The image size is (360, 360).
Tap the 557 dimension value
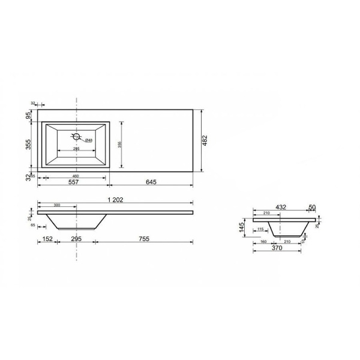pos(73,182)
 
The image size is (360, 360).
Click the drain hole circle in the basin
pos(77,136)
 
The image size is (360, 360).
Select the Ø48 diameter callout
pos(88,140)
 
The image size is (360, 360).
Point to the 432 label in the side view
pos(281,207)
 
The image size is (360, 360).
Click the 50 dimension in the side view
pos(311,207)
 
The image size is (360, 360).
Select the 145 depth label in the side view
pos(241,227)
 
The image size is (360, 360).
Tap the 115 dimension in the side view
pos(260,229)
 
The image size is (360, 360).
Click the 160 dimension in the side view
pos(265,242)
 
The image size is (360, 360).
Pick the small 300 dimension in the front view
pos(56,205)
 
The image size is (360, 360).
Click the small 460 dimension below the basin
pos(76,175)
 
